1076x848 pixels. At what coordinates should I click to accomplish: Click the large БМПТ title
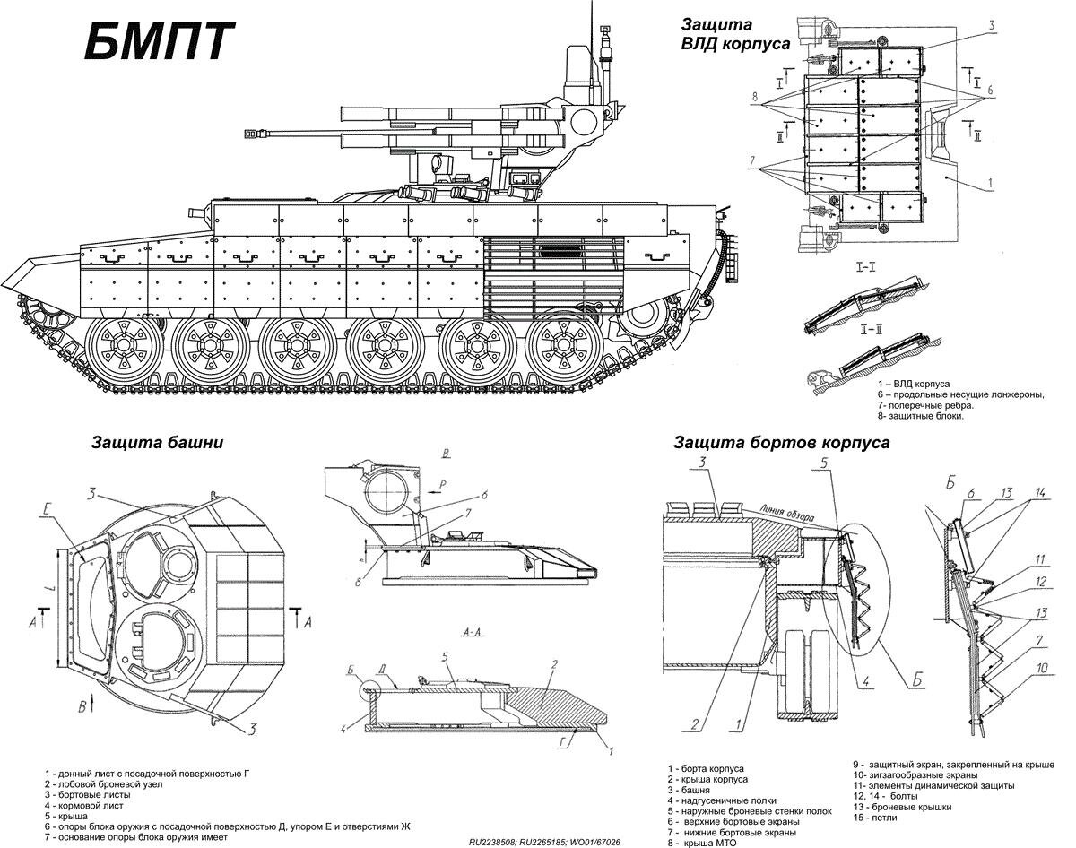(158, 40)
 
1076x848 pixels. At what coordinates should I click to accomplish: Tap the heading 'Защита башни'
(157, 443)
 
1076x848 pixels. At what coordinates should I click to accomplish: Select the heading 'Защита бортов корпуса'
(782, 443)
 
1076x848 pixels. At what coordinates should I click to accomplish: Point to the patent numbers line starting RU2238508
(544, 842)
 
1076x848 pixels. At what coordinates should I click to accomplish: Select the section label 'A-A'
(472, 633)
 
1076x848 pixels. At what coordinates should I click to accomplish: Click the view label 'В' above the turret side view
(446, 454)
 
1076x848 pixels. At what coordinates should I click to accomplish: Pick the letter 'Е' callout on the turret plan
(46, 509)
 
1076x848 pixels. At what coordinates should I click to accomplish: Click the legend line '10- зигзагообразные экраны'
(915, 775)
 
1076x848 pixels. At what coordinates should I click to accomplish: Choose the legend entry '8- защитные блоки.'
(921, 416)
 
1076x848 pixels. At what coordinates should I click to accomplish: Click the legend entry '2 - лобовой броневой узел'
(103, 784)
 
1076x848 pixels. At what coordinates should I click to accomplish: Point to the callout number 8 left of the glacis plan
(754, 97)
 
